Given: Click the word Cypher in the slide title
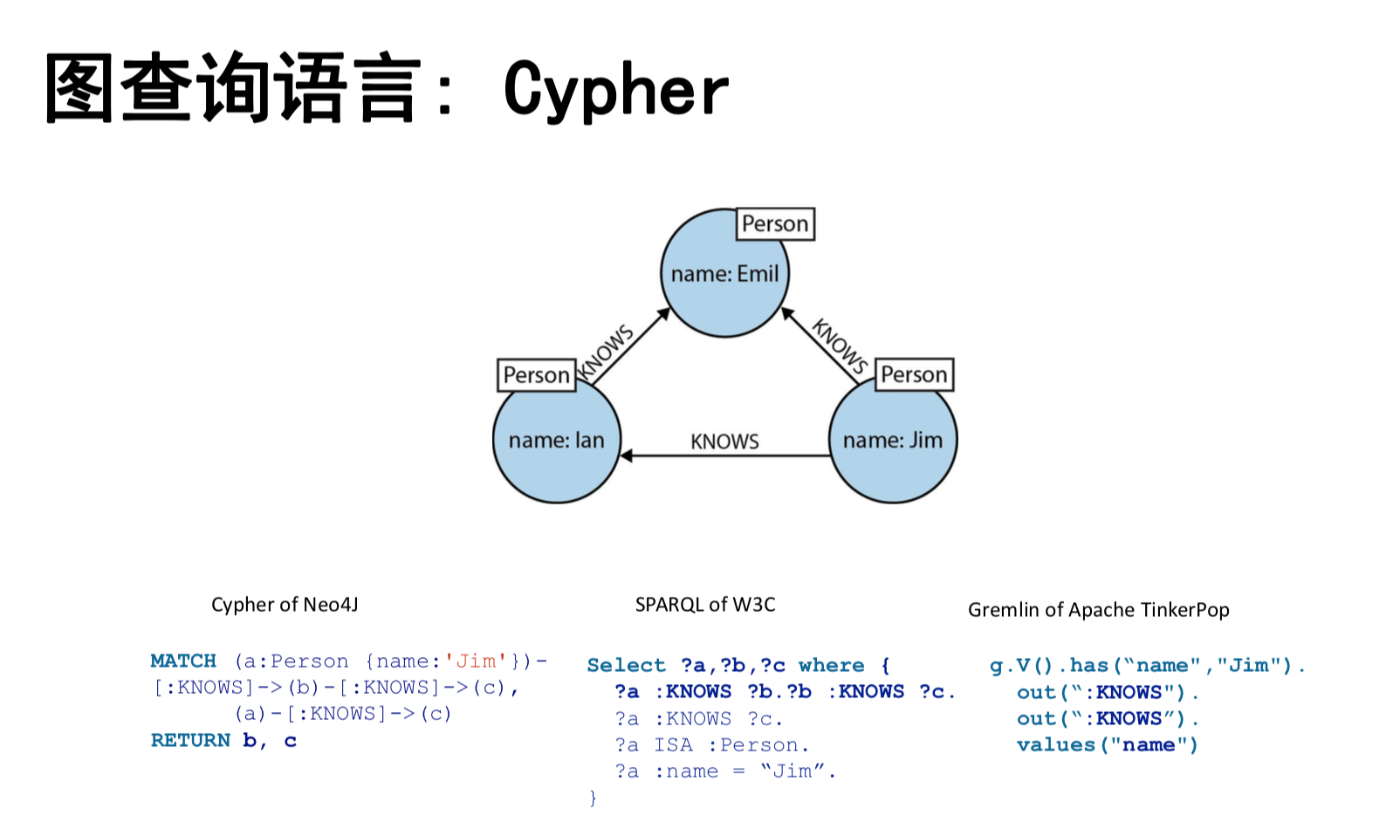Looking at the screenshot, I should coord(616,90).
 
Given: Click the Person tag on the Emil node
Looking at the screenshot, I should coord(775,224).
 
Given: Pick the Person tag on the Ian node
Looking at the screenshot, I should coord(536,375).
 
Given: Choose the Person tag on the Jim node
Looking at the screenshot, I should coord(913,374).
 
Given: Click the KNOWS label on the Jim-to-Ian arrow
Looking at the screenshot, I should coord(724,442).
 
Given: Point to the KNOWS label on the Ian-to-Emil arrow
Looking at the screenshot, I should coord(606,353).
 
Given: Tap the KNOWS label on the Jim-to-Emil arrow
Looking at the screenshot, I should coord(839,346).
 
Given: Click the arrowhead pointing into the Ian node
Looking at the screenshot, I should coord(626,456).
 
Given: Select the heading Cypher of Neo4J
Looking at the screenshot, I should coord(285,605).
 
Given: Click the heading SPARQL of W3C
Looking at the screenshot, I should coord(704,605).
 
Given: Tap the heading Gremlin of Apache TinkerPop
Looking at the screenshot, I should coord(1098,610).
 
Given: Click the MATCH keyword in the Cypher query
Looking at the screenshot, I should coord(183,661).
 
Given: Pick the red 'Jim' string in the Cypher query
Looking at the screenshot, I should coord(476,661).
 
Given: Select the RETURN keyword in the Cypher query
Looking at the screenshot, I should coord(190,740).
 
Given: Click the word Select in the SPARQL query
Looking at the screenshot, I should coord(626,665).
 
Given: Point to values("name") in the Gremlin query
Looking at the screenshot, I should coord(1107,744).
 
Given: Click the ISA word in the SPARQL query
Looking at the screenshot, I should coord(673,744).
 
